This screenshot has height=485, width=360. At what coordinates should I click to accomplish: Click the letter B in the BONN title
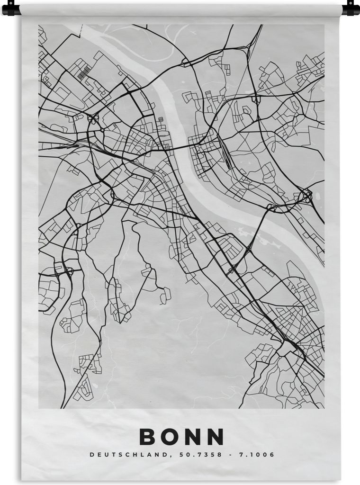pos(148,437)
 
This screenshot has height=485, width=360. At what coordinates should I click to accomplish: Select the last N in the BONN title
pos(216,437)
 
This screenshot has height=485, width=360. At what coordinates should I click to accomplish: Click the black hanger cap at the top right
pos(350,8)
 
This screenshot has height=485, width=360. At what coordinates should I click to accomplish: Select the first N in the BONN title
pos(193,437)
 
